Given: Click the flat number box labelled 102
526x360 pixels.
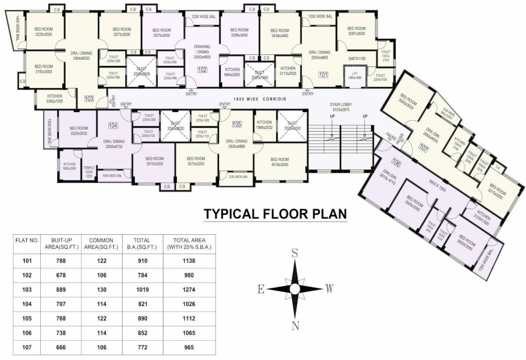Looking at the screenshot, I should coord(202,70).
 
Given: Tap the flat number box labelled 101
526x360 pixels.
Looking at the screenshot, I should coord(323,74).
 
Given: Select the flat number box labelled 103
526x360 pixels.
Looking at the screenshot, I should coord(89,98).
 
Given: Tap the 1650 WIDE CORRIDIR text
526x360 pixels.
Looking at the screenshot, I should coord(259,99).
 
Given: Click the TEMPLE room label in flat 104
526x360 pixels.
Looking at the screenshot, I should coord(88,170).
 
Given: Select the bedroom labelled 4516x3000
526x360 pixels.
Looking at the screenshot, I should coord(279,162).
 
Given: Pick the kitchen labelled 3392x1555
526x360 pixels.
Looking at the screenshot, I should coord(54,98).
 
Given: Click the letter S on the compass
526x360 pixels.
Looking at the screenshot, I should coord(295,254).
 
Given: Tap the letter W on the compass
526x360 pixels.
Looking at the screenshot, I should coord(329,289).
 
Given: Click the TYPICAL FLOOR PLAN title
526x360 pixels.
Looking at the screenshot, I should coord(275,214).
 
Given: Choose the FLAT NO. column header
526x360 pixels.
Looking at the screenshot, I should coord(27,240).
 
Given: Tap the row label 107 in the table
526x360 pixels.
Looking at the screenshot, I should coord(27,347).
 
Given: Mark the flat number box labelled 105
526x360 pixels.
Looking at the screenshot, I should coord(237,124).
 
